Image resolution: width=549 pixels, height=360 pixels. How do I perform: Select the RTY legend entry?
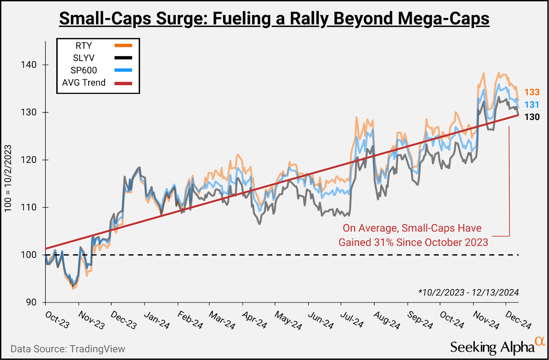84,46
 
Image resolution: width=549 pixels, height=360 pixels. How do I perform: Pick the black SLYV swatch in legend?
123,58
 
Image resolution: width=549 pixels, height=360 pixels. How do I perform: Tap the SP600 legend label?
84,70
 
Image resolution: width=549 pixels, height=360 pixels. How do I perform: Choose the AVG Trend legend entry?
84,83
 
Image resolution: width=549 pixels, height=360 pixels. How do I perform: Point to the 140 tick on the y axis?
29,65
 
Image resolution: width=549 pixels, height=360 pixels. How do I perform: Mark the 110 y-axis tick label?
29,207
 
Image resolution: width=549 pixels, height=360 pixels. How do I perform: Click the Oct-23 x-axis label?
57,320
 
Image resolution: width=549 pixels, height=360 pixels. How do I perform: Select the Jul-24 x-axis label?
352,320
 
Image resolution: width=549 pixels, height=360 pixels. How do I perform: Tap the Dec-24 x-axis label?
518,320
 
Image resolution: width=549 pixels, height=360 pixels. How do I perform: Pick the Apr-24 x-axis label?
254,320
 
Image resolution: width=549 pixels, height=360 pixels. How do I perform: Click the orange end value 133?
532,92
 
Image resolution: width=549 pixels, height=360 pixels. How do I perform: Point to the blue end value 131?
532,105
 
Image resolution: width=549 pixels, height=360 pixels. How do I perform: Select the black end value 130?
532,117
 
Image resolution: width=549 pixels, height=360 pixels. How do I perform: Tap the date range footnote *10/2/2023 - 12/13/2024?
468,292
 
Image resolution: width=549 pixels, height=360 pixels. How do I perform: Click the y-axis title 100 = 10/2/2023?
8,178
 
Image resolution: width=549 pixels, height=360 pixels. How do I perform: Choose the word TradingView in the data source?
97,349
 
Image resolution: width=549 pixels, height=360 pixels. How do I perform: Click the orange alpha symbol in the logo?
540,341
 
